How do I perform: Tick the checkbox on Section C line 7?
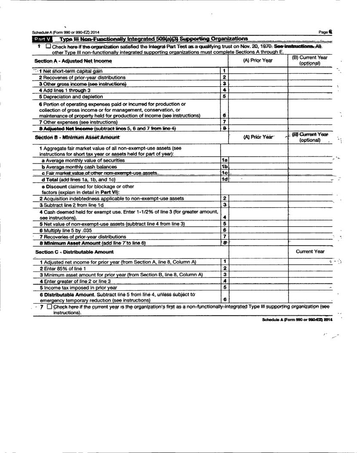click(x=49, y=307)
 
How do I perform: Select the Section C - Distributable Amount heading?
click(x=74, y=252)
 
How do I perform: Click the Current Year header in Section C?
click(x=310, y=252)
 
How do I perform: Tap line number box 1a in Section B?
click(x=224, y=160)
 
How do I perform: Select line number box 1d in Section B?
click(x=224, y=179)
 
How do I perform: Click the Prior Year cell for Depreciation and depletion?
click(x=258, y=96)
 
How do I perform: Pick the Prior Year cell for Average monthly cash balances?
click(x=258, y=166)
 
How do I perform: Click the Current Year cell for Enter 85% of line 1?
click(x=310, y=268)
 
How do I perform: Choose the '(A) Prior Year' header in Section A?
click(x=258, y=61)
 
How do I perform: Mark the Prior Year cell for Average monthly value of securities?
click(x=258, y=160)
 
